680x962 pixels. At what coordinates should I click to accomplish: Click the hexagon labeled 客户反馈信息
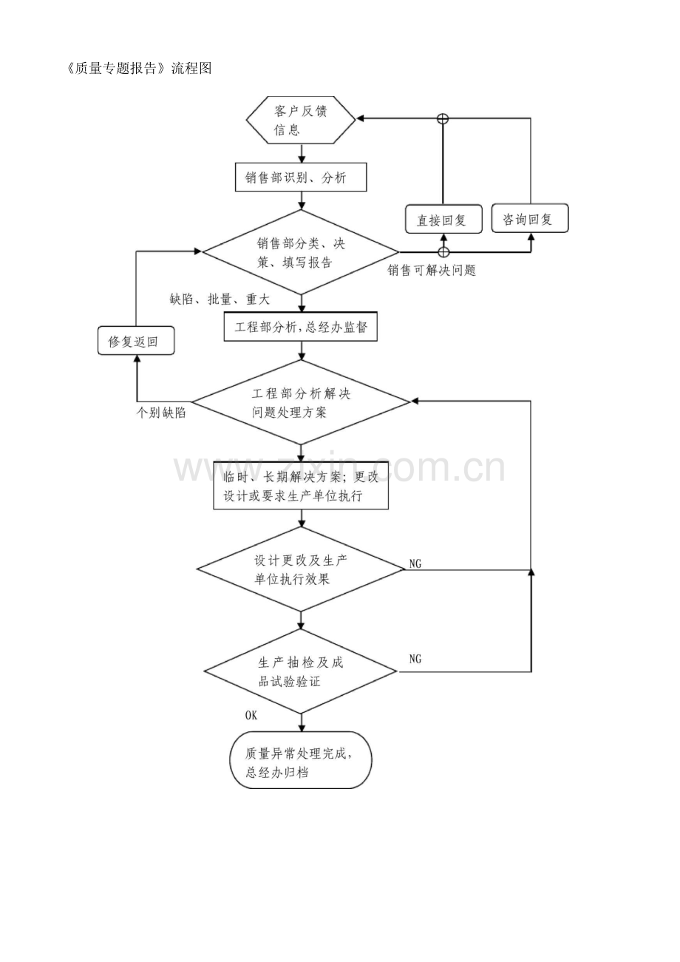coord(301,120)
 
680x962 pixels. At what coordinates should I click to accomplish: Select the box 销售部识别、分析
coord(301,177)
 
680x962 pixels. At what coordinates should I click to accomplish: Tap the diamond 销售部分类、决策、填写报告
coord(301,252)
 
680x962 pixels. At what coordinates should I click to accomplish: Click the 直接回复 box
coord(444,219)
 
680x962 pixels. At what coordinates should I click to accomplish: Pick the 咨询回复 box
coord(530,219)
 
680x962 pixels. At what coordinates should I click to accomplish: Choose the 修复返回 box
coord(136,341)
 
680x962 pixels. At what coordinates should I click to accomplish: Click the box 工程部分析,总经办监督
coord(301,327)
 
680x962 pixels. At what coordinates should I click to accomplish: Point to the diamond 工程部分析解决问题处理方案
coord(301,402)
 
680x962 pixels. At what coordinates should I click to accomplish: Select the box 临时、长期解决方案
coord(301,486)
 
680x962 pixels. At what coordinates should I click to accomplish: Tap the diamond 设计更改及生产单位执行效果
coord(301,569)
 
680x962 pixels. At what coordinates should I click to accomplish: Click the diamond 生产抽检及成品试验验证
coord(301,671)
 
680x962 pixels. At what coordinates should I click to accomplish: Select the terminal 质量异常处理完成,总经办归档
coord(301,759)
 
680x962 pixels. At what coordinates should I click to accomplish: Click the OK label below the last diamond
coord(251,716)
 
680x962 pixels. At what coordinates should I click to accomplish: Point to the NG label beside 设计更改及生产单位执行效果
coord(415,563)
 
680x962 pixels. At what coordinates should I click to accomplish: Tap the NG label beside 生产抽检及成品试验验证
coord(415,659)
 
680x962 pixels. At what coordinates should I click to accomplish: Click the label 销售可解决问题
coord(432,270)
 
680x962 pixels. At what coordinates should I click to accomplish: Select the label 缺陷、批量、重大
coord(220,299)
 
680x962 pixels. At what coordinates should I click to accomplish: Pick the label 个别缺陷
coord(161,413)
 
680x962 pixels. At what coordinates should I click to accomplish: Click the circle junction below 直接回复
coord(443,252)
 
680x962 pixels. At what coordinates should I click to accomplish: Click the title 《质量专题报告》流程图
coord(140,68)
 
